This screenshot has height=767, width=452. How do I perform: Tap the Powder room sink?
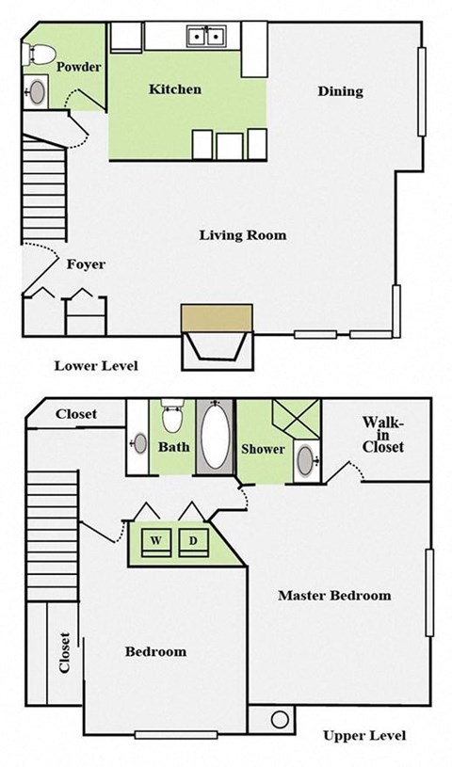36,92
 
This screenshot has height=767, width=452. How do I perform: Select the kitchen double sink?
207,37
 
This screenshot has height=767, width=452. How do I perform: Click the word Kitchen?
175,89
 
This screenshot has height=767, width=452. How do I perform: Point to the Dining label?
340,91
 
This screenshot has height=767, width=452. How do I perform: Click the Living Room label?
242,234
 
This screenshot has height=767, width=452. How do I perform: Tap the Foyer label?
86,264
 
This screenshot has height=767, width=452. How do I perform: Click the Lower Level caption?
97,365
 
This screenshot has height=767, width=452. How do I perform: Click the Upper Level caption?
364,735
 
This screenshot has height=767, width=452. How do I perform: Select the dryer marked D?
192,541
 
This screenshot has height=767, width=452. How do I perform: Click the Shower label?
263,449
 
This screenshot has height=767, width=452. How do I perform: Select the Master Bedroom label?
334,596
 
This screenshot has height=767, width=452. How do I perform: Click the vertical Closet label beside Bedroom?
64,654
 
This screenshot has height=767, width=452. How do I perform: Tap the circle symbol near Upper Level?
279,719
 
